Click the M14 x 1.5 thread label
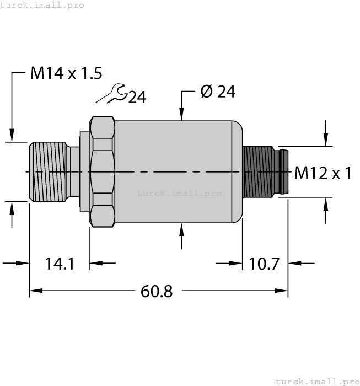click(x=66, y=73)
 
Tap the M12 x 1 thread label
click(x=323, y=173)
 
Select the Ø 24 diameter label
click(x=218, y=92)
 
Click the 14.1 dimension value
click(x=60, y=264)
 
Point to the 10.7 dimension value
click(x=266, y=264)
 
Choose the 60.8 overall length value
click(x=157, y=291)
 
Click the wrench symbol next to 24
click(x=112, y=94)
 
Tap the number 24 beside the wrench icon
click(x=137, y=98)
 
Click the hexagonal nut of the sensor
click(x=102, y=172)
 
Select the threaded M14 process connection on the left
click(x=47, y=172)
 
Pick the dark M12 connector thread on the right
click(x=258, y=171)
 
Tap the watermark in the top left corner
click(x=42, y=5)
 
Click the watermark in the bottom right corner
click(x=317, y=381)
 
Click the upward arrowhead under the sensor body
click(x=182, y=228)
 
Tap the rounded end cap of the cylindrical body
click(x=238, y=172)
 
